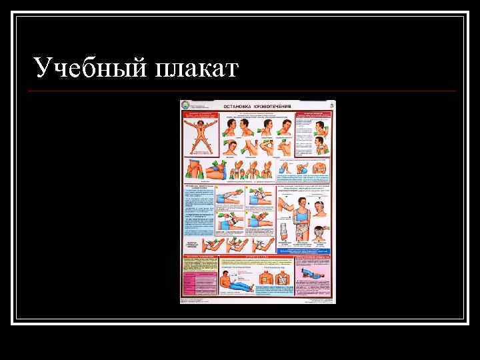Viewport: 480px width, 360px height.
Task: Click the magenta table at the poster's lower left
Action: click(199, 283)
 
